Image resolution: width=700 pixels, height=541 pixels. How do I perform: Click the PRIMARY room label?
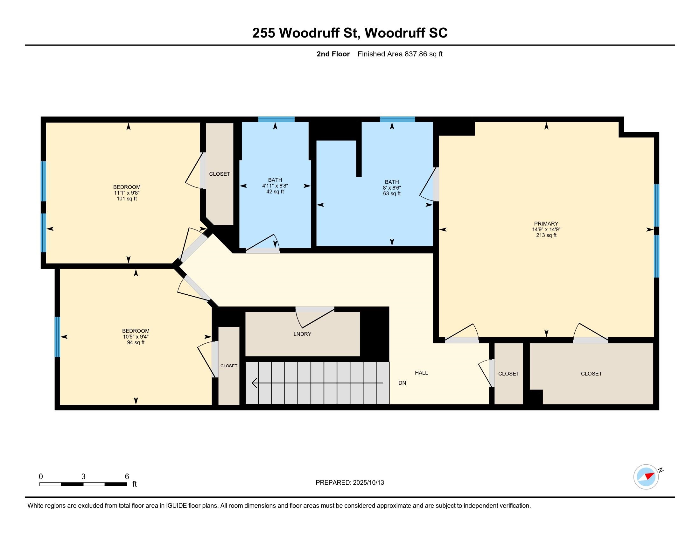[x=546, y=224]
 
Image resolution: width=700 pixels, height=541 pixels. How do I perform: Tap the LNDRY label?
[x=302, y=334]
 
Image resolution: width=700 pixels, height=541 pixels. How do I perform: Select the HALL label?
[x=421, y=373]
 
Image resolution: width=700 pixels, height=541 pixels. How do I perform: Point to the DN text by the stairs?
[x=402, y=383]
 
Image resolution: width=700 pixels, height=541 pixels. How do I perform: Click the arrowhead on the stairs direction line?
[x=255, y=383]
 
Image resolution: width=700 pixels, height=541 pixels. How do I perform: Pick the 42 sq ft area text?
[x=275, y=192]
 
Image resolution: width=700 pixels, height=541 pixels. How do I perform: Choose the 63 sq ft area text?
[x=392, y=193]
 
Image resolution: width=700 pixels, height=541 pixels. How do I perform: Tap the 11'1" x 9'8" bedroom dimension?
[x=127, y=193]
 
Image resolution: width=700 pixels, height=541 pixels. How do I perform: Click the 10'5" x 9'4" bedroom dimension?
[x=136, y=337]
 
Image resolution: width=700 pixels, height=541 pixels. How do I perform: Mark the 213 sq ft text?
[x=546, y=235]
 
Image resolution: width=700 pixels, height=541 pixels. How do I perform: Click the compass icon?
[x=646, y=477]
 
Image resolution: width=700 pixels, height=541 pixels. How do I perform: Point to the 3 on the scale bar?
[x=83, y=477]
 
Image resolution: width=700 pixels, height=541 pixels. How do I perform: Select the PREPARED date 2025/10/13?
[x=367, y=483]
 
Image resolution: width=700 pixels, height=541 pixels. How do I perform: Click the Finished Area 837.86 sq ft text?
[x=400, y=54]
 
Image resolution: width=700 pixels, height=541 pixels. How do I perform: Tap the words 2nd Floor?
[x=333, y=54]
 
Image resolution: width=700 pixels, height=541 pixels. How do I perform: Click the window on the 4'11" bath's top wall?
[x=276, y=119]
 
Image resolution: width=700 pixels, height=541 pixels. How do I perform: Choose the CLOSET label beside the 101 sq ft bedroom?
[x=220, y=174]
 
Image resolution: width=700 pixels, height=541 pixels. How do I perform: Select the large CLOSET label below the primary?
[x=591, y=374]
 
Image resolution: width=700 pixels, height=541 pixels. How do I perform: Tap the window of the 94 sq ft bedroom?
[x=57, y=337]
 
